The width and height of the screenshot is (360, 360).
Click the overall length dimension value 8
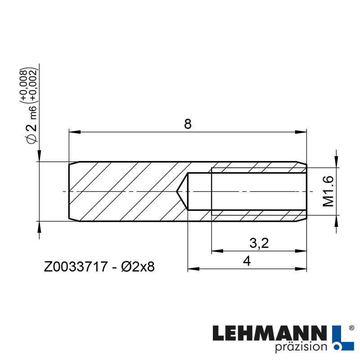coord(188,124)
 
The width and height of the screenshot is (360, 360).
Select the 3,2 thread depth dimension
coord(259,243)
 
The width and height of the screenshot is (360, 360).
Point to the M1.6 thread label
coord(329,192)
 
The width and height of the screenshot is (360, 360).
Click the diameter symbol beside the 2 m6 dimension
coord(31,139)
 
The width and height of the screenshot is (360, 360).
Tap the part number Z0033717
coord(75,267)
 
